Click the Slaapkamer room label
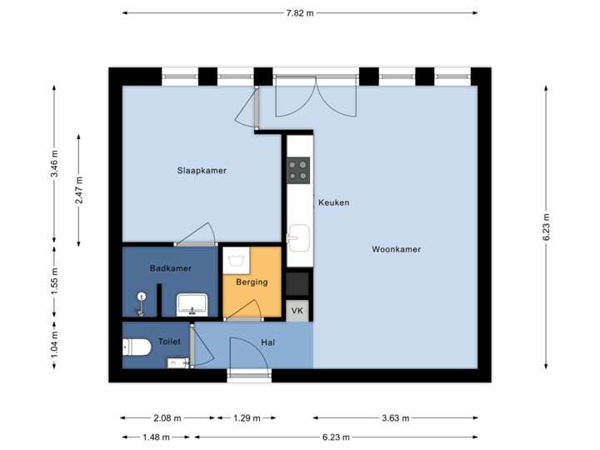[202, 171]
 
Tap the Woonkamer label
[396, 249]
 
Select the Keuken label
[333, 202]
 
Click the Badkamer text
[171, 268]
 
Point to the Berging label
[252, 282]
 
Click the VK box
[297, 311]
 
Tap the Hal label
[268, 342]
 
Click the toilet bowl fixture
[137, 347]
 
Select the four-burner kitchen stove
[298, 170]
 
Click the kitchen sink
[298, 239]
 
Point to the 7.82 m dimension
[300, 13]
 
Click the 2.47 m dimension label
[80, 190]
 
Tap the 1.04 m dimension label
[55, 343]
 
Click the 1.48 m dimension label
[155, 437]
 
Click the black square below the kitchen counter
[297, 284]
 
